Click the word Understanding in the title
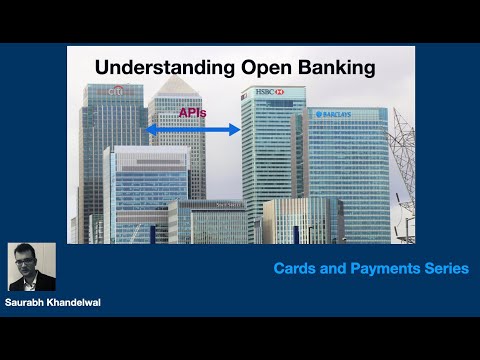click(155, 69)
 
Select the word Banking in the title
click(334, 69)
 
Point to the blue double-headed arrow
click(193, 130)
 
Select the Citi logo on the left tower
click(117, 91)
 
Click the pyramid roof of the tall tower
click(176, 88)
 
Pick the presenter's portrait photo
click(32, 267)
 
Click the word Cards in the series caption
click(298, 268)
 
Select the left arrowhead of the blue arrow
click(150, 130)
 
